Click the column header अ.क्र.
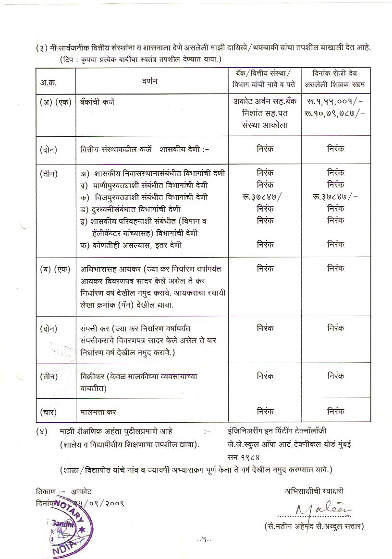[x=49, y=82]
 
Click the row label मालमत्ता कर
[x=98, y=411]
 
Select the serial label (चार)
[x=49, y=411]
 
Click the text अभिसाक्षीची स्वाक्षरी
[x=314, y=491]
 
